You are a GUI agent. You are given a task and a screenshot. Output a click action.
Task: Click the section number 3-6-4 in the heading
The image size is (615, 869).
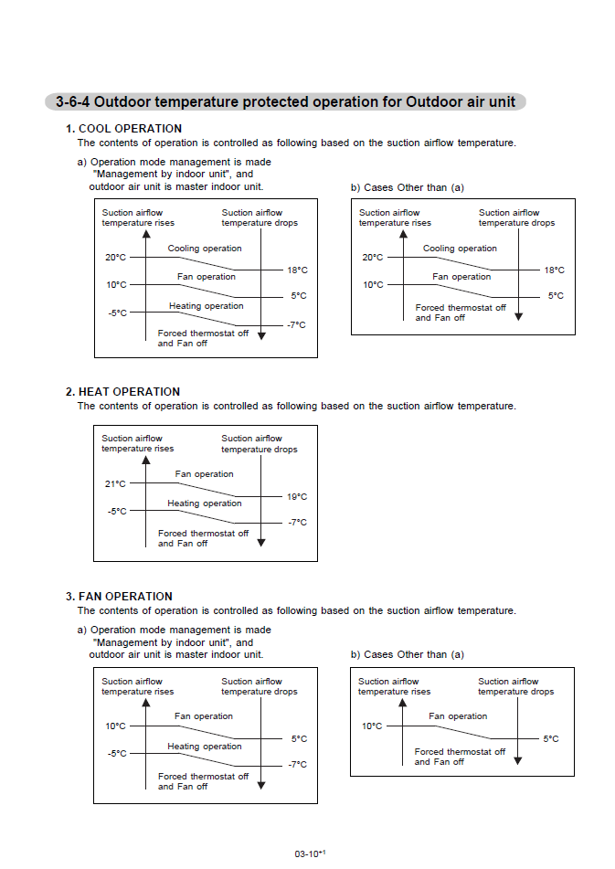pos(72,102)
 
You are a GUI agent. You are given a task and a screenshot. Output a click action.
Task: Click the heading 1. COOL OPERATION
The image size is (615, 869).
pos(123,129)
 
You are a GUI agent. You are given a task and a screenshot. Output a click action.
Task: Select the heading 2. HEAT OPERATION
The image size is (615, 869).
pos(122,392)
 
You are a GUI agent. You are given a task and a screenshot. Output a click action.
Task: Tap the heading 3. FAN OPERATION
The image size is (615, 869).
pos(119,597)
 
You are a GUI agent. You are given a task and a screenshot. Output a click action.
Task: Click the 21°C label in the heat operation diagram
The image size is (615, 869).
pos(115,483)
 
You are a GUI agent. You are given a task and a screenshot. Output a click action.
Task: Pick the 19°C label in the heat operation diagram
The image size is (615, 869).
pos(297,497)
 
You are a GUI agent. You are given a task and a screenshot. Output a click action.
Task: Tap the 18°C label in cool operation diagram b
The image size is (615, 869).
pos(555,270)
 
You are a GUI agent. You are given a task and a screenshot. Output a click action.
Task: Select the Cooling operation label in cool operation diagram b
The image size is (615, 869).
pos(460,249)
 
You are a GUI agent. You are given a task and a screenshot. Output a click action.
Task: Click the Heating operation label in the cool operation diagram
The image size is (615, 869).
pos(206,306)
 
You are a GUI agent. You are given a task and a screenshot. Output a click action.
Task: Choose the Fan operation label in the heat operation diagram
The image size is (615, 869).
pos(204,474)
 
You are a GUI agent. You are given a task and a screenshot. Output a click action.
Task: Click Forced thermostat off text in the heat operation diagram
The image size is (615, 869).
pos(203,534)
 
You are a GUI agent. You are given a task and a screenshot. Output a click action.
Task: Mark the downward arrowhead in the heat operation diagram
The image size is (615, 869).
pos(261,542)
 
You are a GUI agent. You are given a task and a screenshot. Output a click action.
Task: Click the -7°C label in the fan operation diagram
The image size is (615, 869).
pos(297,764)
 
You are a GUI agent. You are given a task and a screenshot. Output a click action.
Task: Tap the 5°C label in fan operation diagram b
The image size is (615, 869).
pos(551,738)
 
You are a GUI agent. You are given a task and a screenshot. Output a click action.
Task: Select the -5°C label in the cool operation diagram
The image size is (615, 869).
pos(116,313)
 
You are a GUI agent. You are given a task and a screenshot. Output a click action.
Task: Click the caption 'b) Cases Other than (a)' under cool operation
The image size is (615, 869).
pos(408,187)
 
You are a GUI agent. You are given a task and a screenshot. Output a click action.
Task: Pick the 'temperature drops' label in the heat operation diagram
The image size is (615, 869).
pos(259,450)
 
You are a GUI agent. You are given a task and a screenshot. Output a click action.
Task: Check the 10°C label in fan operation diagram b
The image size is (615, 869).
pos(372,726)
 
